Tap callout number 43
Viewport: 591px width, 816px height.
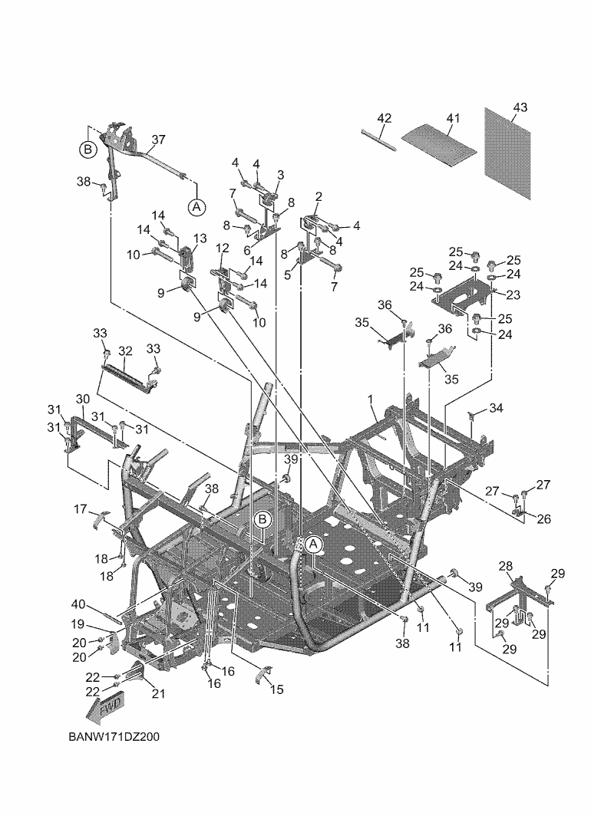click(x=520, y=107)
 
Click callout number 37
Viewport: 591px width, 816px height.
click(x=158, y=140)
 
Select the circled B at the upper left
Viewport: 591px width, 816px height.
click(x=88, y=150)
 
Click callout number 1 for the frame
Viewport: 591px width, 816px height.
click(x=370, y=400)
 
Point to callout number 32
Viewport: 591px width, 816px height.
click(x=125, y=351)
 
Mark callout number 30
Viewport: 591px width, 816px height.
click(x=82, y=399)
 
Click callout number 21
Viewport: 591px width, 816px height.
click(x=158, y=694)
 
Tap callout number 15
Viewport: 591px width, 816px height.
click(x=276, y=689)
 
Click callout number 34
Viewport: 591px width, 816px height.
click(x=497, y=408)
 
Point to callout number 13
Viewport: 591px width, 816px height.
click(x=200, y=239)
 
